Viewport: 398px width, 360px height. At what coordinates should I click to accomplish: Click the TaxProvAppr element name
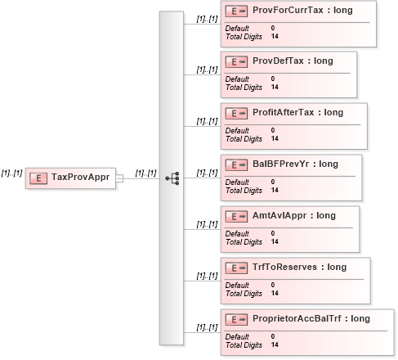[80, 178]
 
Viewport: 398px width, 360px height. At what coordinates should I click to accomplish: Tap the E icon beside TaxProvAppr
[38, 178]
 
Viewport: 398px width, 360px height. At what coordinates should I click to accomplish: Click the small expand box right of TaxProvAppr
[119, 178]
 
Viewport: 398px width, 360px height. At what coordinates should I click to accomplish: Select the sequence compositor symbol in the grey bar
[172, 178]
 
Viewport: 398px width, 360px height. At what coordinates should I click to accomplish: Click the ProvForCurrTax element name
[288, 10]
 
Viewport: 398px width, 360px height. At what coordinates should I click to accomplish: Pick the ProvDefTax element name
[278, 61]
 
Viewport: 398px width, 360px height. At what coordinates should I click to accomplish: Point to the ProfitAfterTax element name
[284, 112]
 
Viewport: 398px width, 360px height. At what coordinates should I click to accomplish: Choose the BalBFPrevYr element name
[280, 164]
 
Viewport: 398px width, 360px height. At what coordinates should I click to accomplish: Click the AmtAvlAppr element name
[279, 216]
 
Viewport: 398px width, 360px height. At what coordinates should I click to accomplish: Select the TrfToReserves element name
[284, 267]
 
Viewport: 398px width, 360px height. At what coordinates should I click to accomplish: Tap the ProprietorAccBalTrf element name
[297, 318]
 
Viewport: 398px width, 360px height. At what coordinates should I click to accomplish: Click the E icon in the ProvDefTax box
[236, 62]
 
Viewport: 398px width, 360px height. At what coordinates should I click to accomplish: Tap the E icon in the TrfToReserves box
[236, 268]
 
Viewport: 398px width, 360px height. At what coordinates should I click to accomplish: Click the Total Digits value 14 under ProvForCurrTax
[275, 36]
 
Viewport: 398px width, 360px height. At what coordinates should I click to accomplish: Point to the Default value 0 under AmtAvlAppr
[273, 233]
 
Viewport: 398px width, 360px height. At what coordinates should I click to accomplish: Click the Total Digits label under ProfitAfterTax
[244, 139]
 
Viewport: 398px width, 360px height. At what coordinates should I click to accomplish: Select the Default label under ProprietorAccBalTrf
[237, 336]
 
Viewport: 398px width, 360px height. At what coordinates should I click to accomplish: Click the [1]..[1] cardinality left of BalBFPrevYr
[207, 173]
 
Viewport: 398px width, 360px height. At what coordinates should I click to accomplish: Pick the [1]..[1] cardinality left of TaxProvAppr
[11, 173]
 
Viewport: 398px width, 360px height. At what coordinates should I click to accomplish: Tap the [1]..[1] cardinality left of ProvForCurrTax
[207, 19]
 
